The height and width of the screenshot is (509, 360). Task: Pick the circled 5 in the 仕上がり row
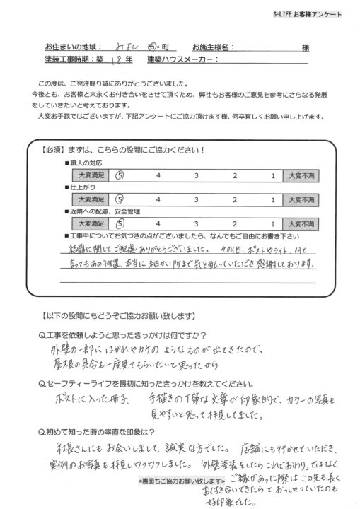(x=120, y=199)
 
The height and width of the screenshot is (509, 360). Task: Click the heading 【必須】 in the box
(x=57, y=151)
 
